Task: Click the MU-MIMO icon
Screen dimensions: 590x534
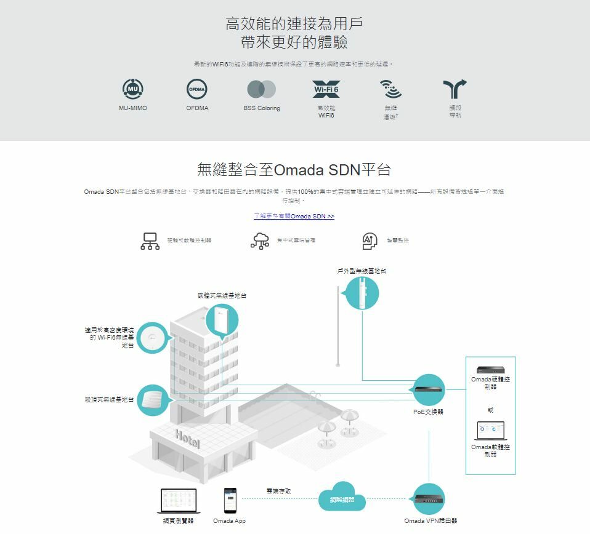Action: (133, 90)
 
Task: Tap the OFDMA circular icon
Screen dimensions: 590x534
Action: (197, 90)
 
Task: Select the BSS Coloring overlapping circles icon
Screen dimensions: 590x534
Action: (261, 90)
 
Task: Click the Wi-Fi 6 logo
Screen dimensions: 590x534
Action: (326, 90)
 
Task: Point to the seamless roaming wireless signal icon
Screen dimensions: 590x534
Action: (390, 90)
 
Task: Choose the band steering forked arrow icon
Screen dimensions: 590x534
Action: (455, 90)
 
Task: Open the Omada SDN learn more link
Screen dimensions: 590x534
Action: (294, 217)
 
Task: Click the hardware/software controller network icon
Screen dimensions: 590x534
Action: (150, 241)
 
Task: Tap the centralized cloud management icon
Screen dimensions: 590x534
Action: (260, 241)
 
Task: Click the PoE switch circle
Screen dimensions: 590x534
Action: (429, 390)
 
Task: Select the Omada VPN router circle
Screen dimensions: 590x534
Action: (429, 500)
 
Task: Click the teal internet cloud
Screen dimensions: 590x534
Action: (342, 499)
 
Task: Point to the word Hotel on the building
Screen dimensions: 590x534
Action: (187, 439)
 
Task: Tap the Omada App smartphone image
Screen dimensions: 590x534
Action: (230, 500)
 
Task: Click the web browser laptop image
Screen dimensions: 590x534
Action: (178, 501)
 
